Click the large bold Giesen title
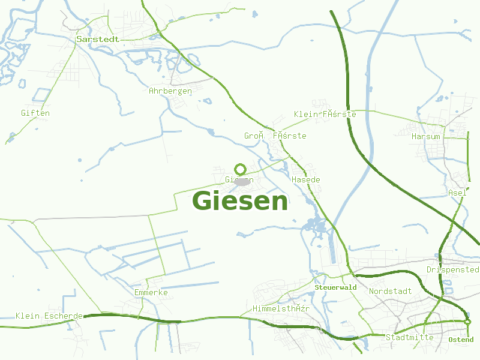[x=240, y=201]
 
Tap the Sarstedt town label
[x=98, y=39]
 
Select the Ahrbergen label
[x=170, y=91]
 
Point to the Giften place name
[x=35, y=113]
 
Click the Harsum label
[x=426, y=136]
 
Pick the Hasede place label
[x=306, y=179]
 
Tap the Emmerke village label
[x=151, y=292]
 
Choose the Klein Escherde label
[x=49, y=316]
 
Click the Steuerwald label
[x=336, y=287]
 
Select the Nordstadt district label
[x=391, y=291]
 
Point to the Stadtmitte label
[x=410, y=337]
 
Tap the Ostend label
[x=461, y=340]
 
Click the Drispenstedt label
[x=453, y=269]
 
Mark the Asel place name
[x=457, y=193]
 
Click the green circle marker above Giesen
[x=241, y=169]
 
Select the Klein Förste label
[x=325, y=114]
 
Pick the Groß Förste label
[x=275, y=136]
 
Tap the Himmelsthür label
[x=281, y=308]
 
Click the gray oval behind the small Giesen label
[x=241, y=181]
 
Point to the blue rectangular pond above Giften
[x=42, y=95]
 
